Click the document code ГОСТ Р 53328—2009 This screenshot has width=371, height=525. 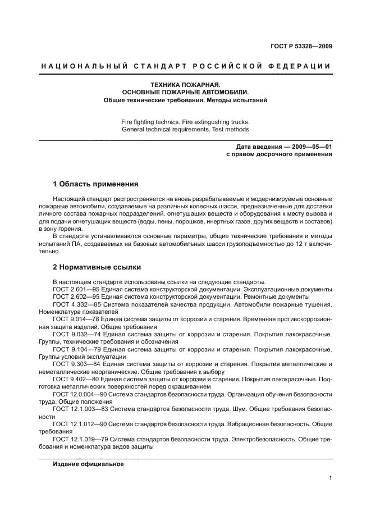coord(301,45)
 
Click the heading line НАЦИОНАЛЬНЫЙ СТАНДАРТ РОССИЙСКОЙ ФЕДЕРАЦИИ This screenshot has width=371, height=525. coord(186,66)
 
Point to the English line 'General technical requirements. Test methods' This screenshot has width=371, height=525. coord(185,129)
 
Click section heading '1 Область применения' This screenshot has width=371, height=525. coord(95,184)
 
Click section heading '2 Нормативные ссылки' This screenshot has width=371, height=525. coord(97,267)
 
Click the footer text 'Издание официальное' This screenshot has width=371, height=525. coord(88,464)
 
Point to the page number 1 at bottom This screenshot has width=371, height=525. coord(330,479)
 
